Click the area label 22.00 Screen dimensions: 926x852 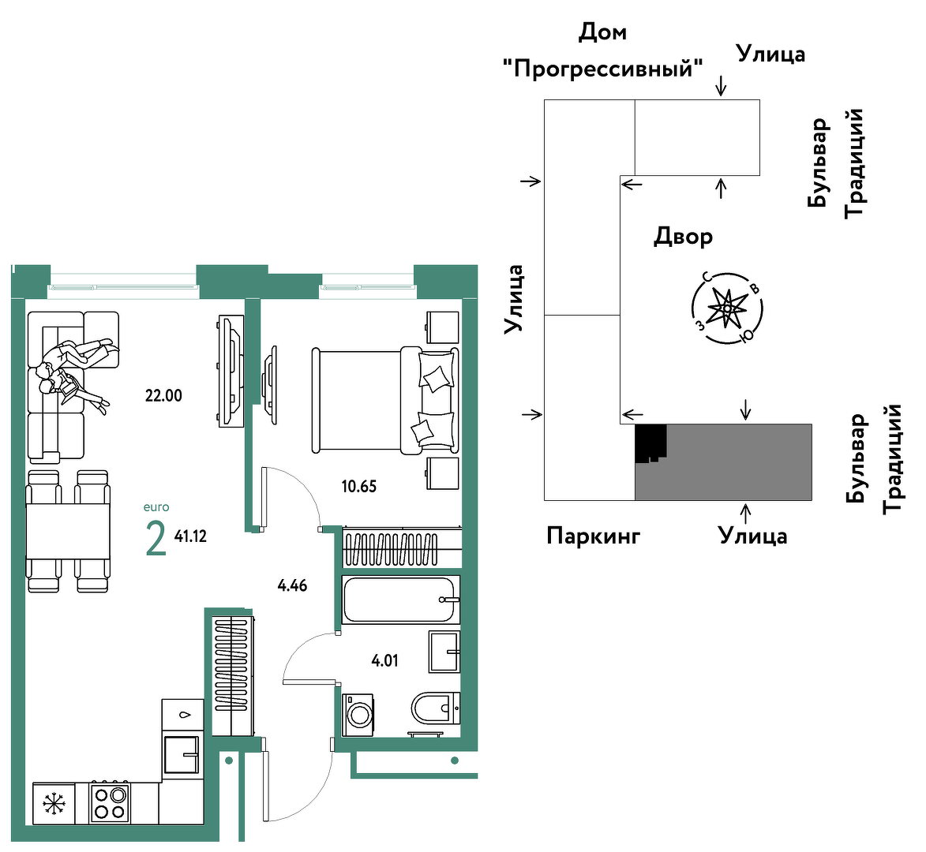163,396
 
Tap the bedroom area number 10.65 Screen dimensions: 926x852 358,487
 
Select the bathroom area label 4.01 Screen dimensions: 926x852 384,661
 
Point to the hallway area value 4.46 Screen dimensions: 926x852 292,586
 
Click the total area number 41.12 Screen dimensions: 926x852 190,536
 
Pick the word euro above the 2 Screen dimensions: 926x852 156,507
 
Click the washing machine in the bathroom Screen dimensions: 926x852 358,715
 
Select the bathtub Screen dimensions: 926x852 400,600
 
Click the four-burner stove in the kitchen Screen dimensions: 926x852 110,803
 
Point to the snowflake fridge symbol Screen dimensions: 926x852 54,804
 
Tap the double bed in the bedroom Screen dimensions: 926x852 385,401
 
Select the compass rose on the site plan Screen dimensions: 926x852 727,308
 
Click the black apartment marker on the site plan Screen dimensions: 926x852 650,443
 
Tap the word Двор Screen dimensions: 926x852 684,237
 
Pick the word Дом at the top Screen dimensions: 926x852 602,32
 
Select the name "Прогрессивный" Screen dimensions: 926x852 602,69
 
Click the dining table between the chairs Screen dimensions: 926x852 68,532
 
